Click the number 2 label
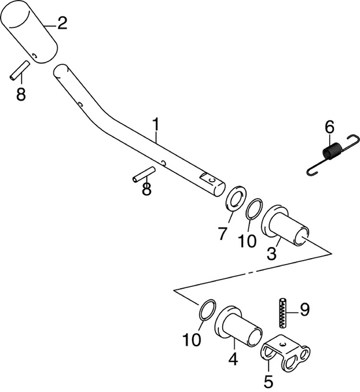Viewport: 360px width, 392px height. click(62, 24)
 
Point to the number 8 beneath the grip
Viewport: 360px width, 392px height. click(21, 94)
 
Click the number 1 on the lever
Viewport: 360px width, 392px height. click(156, 123)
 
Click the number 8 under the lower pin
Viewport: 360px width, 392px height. click(146, 189)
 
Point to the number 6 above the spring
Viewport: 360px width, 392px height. click(329, 126)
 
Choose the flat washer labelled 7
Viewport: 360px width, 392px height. click(233, 199)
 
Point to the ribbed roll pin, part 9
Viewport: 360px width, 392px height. click(282, 313)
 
